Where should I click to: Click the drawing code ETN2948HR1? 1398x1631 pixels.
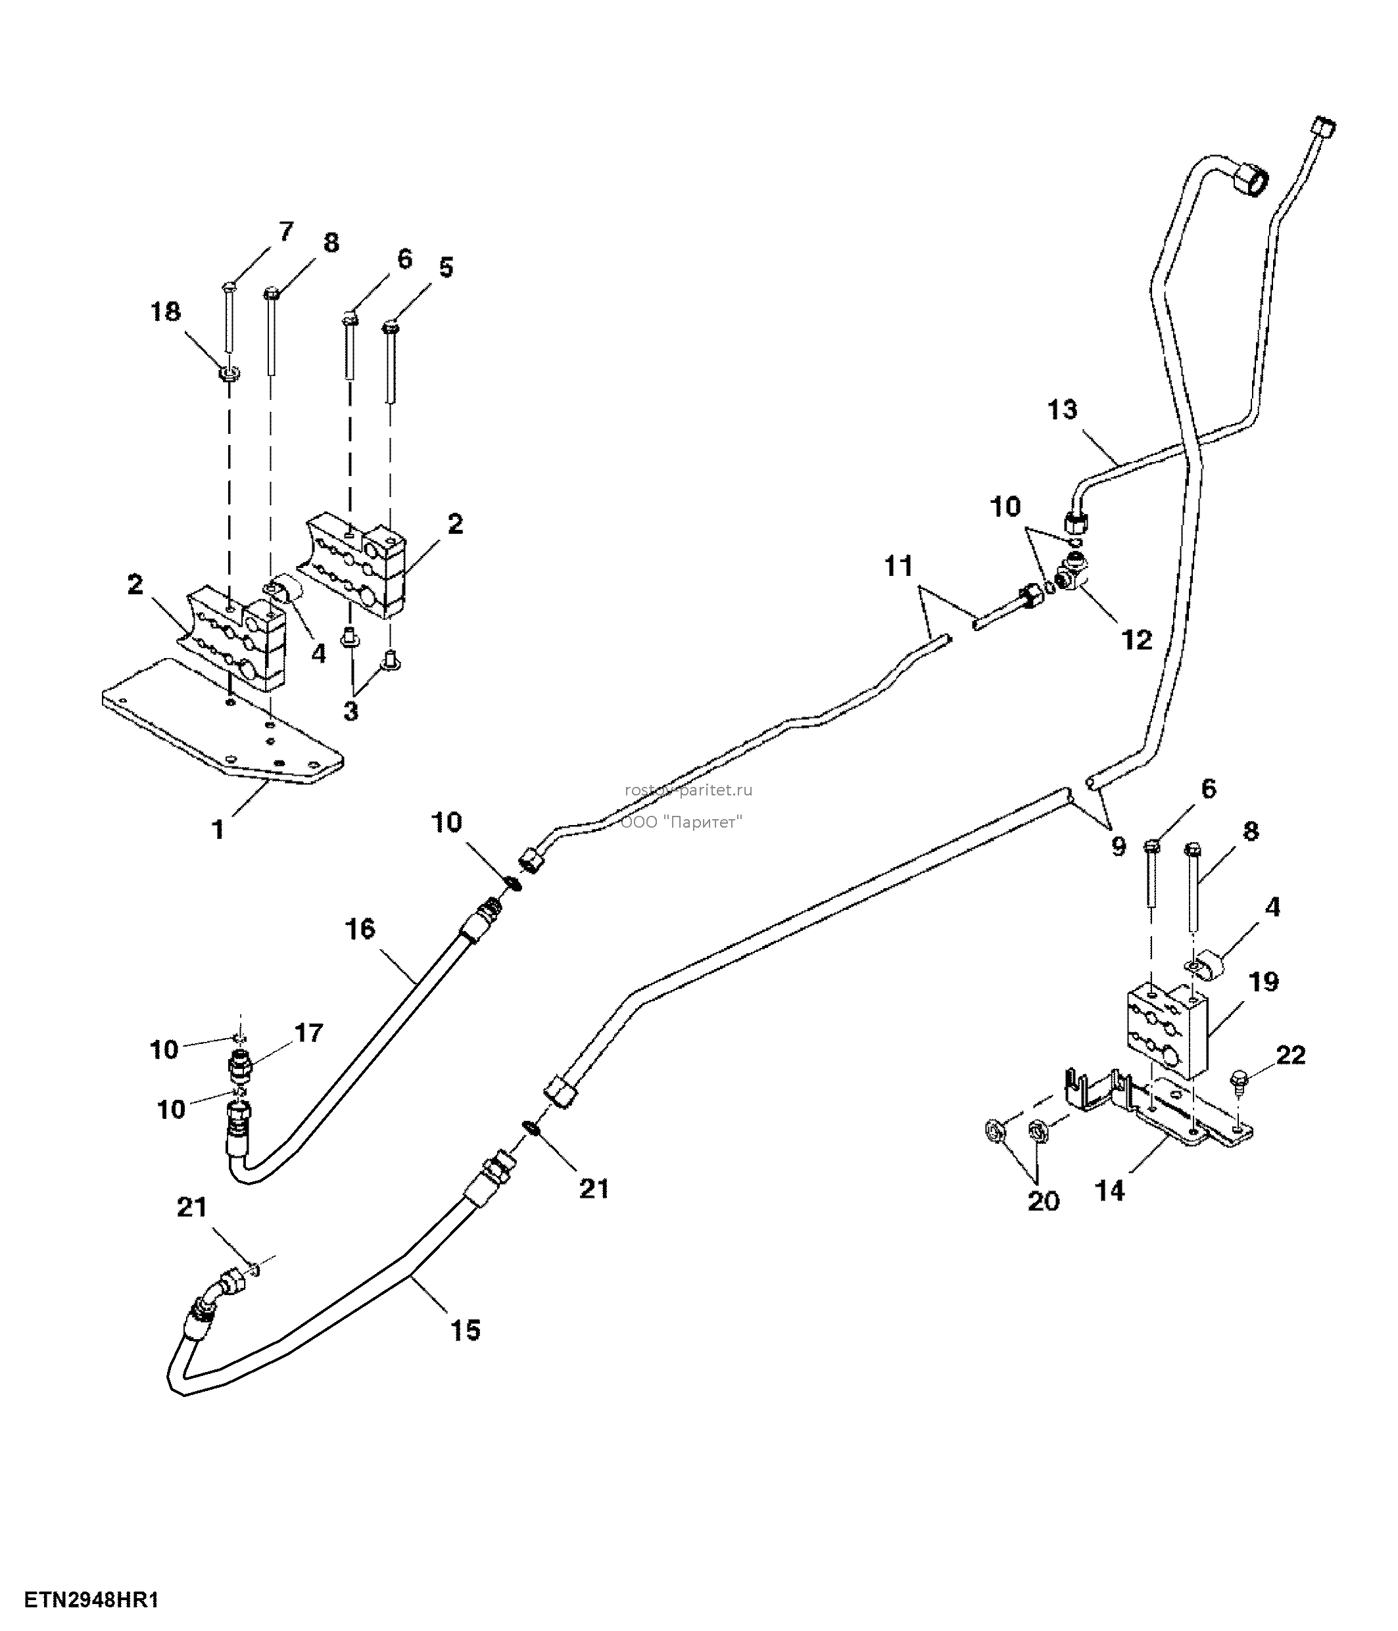point(92,1600)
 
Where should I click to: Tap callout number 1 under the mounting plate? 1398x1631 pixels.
point(219,829)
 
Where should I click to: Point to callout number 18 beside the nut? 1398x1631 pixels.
point(166,312)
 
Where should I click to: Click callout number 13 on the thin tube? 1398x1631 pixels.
point(1062,410)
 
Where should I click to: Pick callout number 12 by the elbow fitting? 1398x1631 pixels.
point(1137,640)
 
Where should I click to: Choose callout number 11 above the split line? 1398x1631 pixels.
point(898,566)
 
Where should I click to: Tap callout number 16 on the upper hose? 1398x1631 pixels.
point(360,929)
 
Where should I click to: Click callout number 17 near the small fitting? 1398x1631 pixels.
point(308,1033)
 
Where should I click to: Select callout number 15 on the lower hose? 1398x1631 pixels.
point(464,1331)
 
